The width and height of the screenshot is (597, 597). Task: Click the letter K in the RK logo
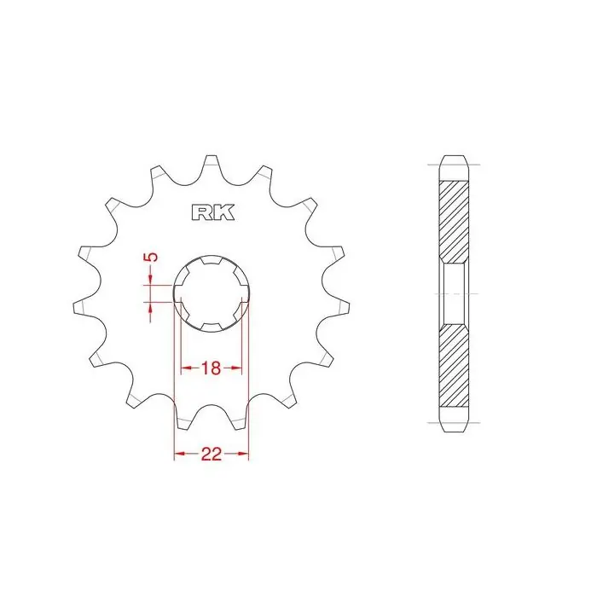(x=223, y=213)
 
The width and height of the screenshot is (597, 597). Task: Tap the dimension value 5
(x=152, y=257)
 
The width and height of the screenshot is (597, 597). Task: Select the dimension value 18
(x=211, y=368)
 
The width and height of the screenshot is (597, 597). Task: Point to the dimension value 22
(x=212, y=454)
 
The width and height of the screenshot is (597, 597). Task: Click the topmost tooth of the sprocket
(x=211, y=165)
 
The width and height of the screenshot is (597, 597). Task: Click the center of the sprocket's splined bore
(x=212, y=293)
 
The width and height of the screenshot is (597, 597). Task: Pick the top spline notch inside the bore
(x=212, y=260)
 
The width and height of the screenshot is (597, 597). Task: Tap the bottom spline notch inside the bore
(x=212, y=327)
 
